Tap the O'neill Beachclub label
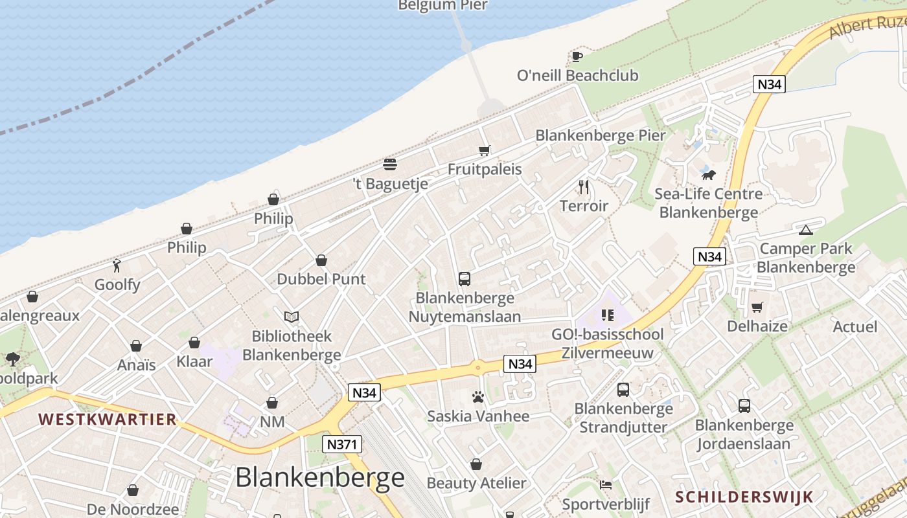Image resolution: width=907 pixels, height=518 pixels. click(x=577, y=76)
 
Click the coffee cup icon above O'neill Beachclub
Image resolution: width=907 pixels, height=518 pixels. click(x=577, y=56)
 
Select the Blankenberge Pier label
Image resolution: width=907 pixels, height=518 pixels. click(x=600, y=135)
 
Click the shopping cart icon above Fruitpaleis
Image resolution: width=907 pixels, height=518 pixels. click(x=484, y=151)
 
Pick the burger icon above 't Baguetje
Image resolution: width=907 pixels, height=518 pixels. click(x=389, y=163)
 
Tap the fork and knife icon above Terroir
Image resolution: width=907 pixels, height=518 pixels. click(x=584, y=187)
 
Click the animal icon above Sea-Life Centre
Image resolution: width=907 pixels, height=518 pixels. click(x=708, y=175)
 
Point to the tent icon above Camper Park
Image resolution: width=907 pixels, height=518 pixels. click(x=805, y=230)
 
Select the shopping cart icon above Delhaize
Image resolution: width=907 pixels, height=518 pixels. click(x=757, y=307)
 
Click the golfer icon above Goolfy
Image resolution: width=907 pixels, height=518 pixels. click(x=117, y=265)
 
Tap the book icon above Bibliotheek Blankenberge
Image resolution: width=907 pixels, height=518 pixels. click(x=292, y=317)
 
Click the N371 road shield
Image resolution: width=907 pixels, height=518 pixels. click(x=342, y=444)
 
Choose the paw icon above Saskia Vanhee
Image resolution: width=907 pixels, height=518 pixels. click(x=478, y=397)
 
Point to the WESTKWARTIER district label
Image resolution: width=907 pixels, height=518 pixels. click(x=107, y=419)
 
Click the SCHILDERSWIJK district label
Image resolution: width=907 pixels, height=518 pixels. click(x=744, y=497)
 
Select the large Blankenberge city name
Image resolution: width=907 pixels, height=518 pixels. click(x=319, y=478)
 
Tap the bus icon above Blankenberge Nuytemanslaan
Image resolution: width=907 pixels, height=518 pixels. click(x=465, y=279)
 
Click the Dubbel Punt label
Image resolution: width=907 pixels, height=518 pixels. click(x=321, y=279)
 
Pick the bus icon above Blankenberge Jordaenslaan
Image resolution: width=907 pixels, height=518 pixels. click(x=744, y=406)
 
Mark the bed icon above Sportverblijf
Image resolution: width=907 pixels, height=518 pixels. click(x=605, y=485)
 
